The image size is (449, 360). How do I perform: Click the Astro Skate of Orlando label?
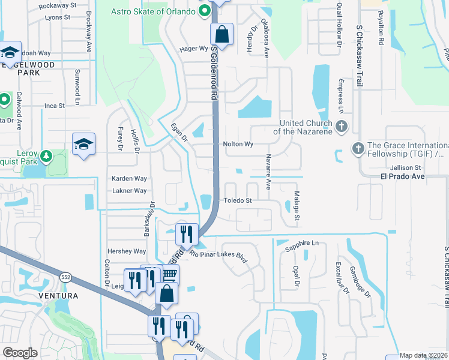(x=154, y=12)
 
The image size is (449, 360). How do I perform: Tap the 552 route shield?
(x=67, y=275)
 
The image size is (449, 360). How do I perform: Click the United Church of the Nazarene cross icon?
(x=342, y=127)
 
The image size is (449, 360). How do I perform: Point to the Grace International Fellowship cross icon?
(x=358, y=148)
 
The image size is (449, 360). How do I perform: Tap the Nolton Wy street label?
(x=238, y=145)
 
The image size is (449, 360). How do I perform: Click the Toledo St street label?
(x=237, y=200)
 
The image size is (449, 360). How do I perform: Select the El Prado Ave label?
(x=402, y=177)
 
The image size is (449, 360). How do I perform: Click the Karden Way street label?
(x=129, y=179)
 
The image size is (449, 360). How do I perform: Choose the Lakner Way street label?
(x=130, y=191)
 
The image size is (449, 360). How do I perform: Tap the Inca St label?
(x=54, y=106)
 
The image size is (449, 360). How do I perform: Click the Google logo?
(x=20, y=353)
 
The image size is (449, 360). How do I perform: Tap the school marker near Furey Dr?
(x=83, y=144)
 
